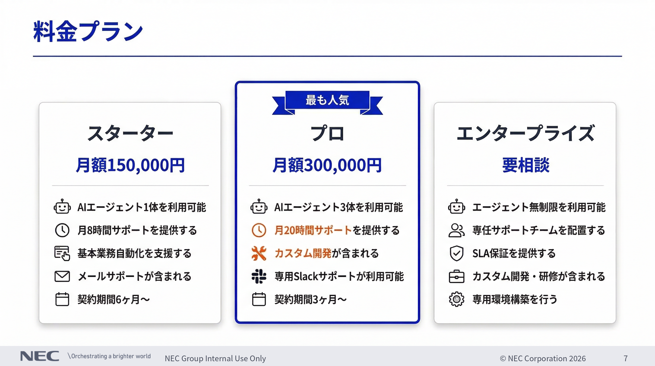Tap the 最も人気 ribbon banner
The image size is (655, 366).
tap(327, 100)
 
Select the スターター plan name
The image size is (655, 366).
tap(130, 133)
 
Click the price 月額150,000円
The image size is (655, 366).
tap(130, 165)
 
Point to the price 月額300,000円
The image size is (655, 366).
tap(327, 165)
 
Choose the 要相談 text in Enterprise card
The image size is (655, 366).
tap(526, 165)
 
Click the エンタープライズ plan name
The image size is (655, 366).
tap(525, 133)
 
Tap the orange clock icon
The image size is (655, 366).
tap(259, 230)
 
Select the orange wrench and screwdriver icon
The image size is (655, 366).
tap(259, 253)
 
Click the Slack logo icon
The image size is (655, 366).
tap(259, 276)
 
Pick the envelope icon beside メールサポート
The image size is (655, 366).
tap(62, 276)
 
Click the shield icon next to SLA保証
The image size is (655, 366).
tap(457, 253)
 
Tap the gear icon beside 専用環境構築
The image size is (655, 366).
tap(457, 299)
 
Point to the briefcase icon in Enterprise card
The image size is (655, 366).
tap(457, 276)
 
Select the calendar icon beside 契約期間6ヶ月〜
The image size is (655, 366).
tap(62, 299)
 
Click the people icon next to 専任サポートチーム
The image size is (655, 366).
tap(457, 230)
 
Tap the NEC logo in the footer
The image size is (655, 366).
tap(40, 356)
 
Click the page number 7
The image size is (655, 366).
tap(625, 358)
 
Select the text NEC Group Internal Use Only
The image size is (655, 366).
tap(215, 358)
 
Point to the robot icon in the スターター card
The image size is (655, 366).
tap(62, 207)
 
